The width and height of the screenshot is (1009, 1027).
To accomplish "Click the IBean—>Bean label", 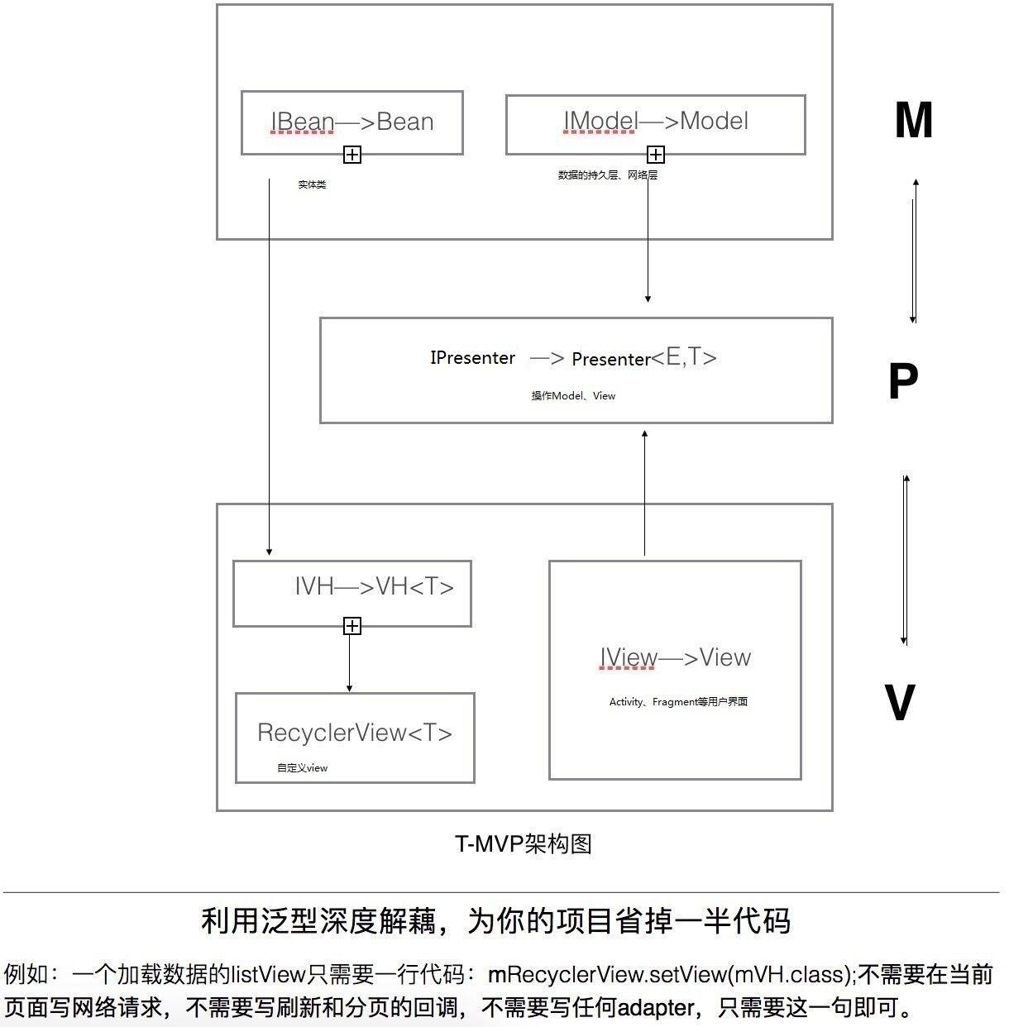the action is [x=352, y=122].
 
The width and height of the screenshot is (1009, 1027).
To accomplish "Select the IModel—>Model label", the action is [x=656, y=121].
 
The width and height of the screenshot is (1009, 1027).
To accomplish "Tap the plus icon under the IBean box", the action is [x=352, y=155].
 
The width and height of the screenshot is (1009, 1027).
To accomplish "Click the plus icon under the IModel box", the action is [x=655, y=155].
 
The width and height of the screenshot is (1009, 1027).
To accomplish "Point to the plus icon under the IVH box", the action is [x=352, y=626].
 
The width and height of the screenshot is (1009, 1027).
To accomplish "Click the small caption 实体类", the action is [x=312, y=184].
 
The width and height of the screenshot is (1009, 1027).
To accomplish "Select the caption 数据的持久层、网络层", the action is [x=607, y=174].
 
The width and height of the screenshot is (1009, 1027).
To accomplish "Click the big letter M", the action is [x=914, y=120].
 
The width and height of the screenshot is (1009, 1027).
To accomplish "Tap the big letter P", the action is [x=903, y=380].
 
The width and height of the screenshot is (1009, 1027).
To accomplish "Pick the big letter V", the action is [x=900, y=701].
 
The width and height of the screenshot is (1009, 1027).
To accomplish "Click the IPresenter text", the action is [x=472, y=357].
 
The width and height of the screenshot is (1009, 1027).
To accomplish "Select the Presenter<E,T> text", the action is [x=644, y=357].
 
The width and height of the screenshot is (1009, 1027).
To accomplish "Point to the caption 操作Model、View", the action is [x=573, y=395].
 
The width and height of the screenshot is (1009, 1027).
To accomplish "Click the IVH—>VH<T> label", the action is [x=375, y=586].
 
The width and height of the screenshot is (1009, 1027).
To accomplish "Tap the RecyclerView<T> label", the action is [x=355, y=733].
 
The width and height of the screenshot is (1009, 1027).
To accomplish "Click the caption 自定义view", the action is [x=302, y=767].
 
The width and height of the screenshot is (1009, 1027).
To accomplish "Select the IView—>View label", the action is [x=675, y=657].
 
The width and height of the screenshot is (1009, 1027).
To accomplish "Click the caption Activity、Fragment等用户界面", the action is [x=678, y=701].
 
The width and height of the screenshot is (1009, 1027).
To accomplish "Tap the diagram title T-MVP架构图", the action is [x=524, y=843].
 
